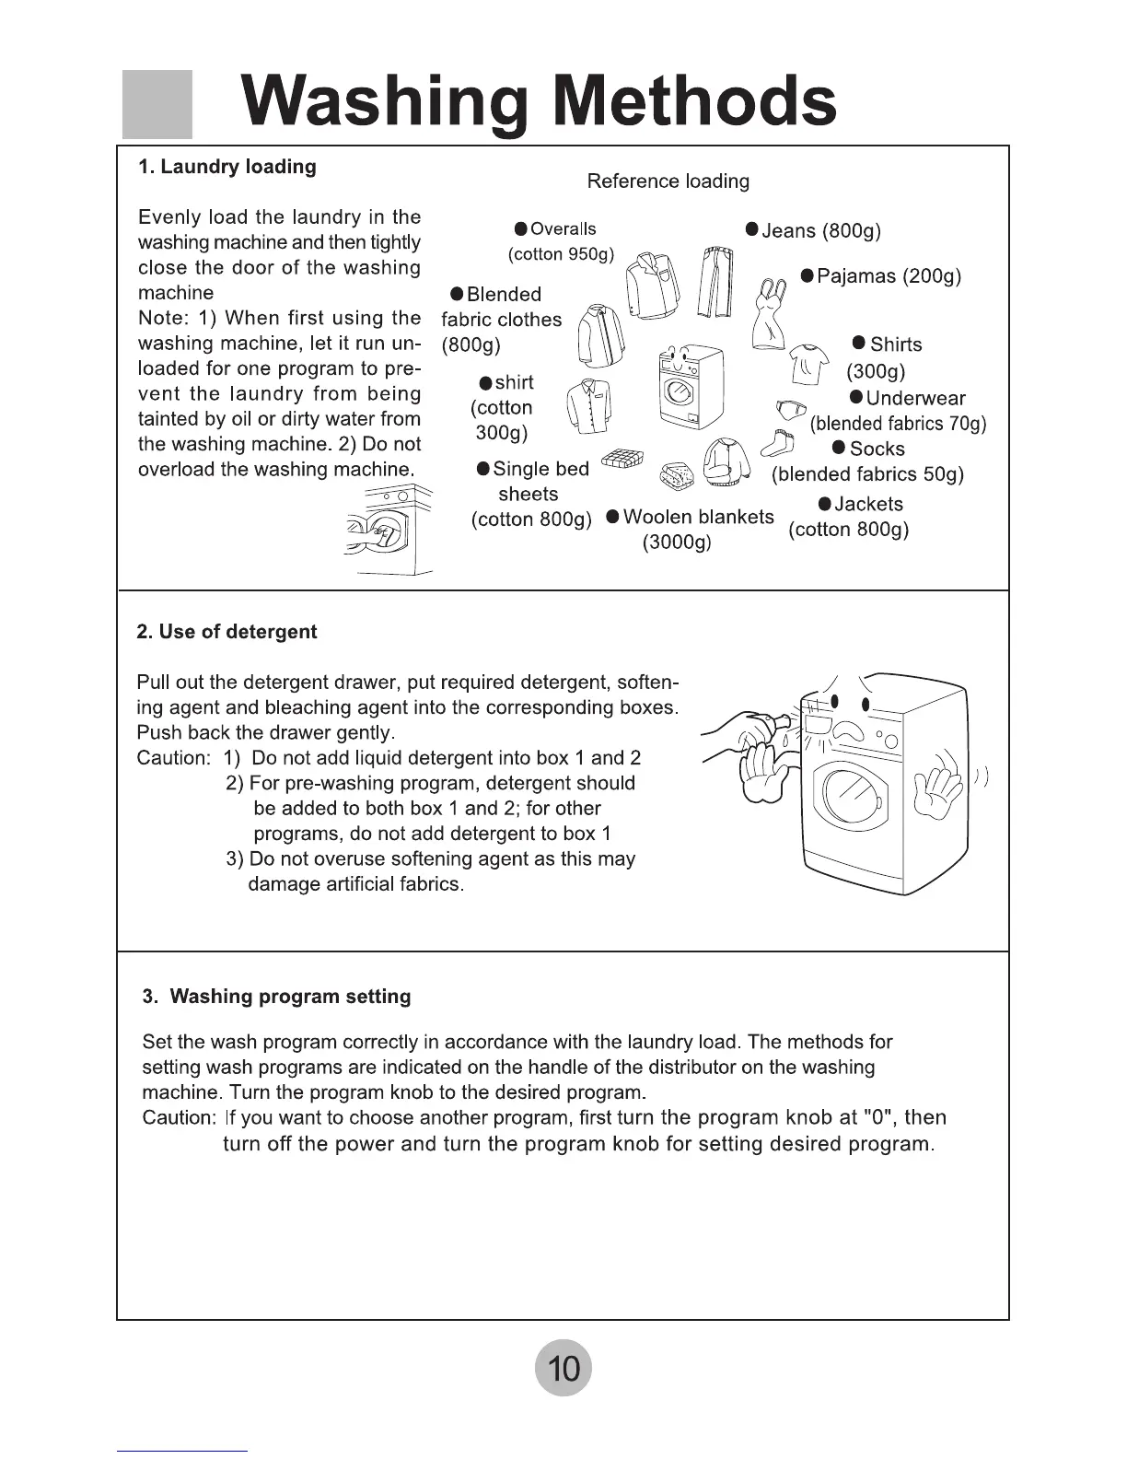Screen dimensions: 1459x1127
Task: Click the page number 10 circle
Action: [563, 1368]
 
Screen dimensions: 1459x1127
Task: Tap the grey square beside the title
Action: [157, 103]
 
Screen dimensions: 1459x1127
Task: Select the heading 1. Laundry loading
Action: [227, 167]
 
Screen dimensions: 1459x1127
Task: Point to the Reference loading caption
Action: [668, 181]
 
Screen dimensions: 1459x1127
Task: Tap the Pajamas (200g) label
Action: [881, 276]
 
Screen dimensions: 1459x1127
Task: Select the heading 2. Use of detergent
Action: [227, 632]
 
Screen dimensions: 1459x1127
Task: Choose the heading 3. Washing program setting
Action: [277, 997]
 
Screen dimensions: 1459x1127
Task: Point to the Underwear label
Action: [907, 398]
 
